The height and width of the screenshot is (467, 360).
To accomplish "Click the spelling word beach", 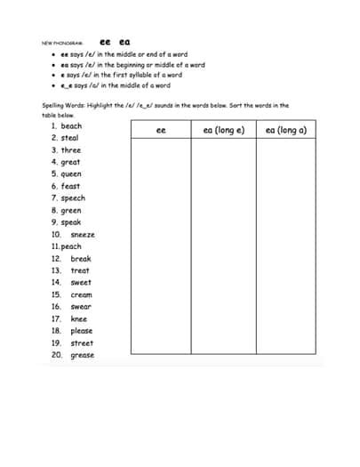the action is click(x=72, y=126).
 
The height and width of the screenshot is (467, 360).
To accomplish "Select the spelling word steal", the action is click(x=70, y=138).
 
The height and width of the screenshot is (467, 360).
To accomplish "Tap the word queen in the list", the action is click(x=72, y=174).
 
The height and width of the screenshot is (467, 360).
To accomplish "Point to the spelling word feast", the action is click(x=70, y=186).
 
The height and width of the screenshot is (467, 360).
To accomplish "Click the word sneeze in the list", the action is click(x=83, y=235).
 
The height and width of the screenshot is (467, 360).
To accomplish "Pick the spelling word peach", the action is click(x=72, y=246).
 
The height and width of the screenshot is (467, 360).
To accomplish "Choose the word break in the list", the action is click(x=81, y=259).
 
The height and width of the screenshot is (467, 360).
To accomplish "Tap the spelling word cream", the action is click(x=81, y=294).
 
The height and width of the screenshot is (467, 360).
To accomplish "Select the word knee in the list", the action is click(x=79, y=318).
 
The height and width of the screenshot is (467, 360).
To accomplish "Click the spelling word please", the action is click(x=82, y=331).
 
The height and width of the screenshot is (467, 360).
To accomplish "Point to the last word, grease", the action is click(x=83, y=355).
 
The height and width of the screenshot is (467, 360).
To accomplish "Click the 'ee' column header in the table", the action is click(x=161, y=130).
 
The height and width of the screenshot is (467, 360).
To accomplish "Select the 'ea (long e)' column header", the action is click(x=223, y=130).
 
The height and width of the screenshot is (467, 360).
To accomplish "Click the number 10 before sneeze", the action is click(x=56, y=235).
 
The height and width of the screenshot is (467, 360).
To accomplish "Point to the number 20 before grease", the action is click(x=56, y=355).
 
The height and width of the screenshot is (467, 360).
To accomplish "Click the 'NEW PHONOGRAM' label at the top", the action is click(x=60, y=42).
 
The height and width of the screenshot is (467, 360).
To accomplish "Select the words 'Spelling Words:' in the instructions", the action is click(x=61, y=105).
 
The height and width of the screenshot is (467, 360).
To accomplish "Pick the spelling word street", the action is click(x=82, y=342).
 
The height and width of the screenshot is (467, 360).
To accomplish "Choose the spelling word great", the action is click(x=71, y=162).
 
